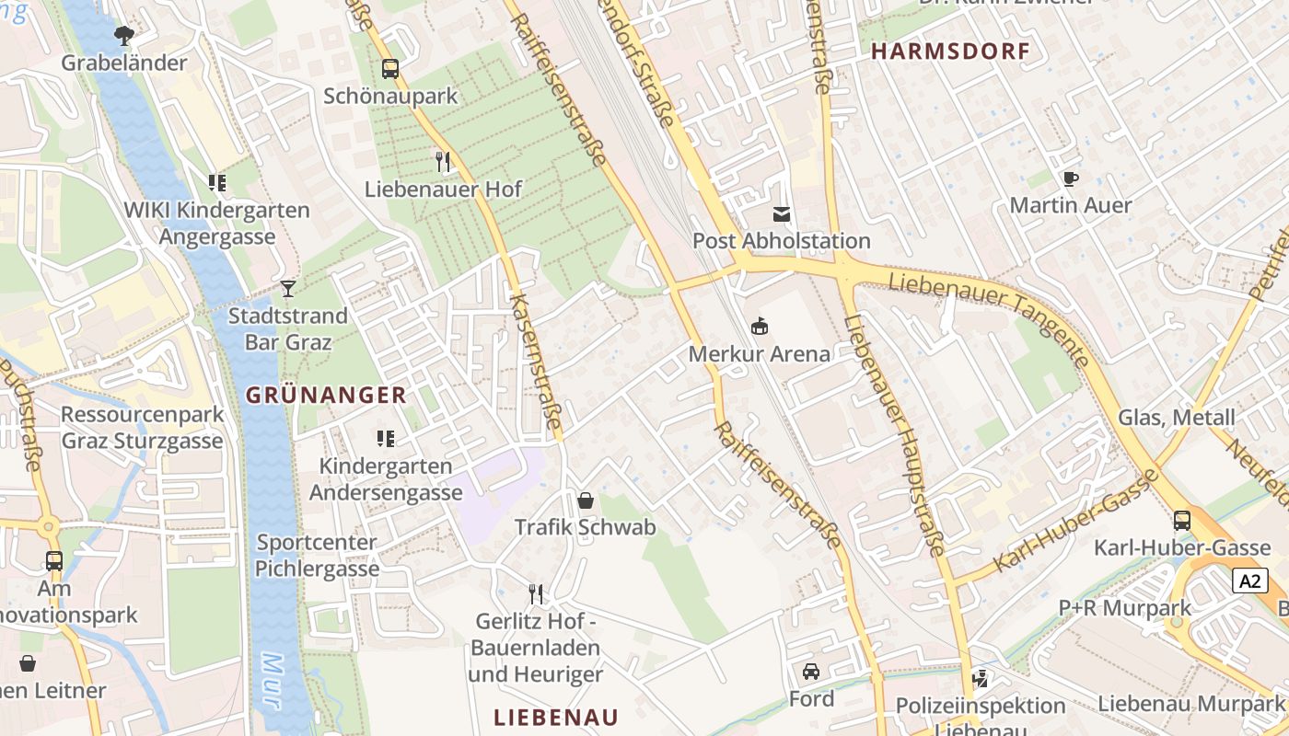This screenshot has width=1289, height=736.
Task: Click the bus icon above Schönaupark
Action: (390, 68)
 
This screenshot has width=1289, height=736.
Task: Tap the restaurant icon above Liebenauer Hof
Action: (443, 162)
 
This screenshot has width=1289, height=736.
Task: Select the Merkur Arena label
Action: (760, 353)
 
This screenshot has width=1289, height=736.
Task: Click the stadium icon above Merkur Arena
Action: (760, 326)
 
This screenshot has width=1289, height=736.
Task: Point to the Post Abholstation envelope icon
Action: (781, 214)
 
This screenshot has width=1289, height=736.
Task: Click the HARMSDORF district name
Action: (950, 52)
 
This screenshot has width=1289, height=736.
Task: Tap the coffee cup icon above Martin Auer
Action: (1070, 178)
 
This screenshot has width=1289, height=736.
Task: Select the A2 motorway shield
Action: (1249, 581)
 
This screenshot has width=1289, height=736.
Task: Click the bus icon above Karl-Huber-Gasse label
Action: (1182, 521)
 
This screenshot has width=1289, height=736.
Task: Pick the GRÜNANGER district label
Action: (326, 396)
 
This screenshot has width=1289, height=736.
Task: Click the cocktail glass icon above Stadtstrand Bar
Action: (288, 288)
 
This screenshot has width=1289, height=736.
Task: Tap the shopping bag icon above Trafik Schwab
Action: (585, 500)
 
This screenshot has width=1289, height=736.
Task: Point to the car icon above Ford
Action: (811, 672)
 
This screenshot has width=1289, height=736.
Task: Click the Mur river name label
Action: (271, 682)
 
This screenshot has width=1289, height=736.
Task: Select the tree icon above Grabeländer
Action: (123, 36)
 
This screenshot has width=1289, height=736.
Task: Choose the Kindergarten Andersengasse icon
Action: (385, 439)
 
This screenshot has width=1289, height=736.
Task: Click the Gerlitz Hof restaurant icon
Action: (536, 593)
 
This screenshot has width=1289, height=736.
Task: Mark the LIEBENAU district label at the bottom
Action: (555, 717)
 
